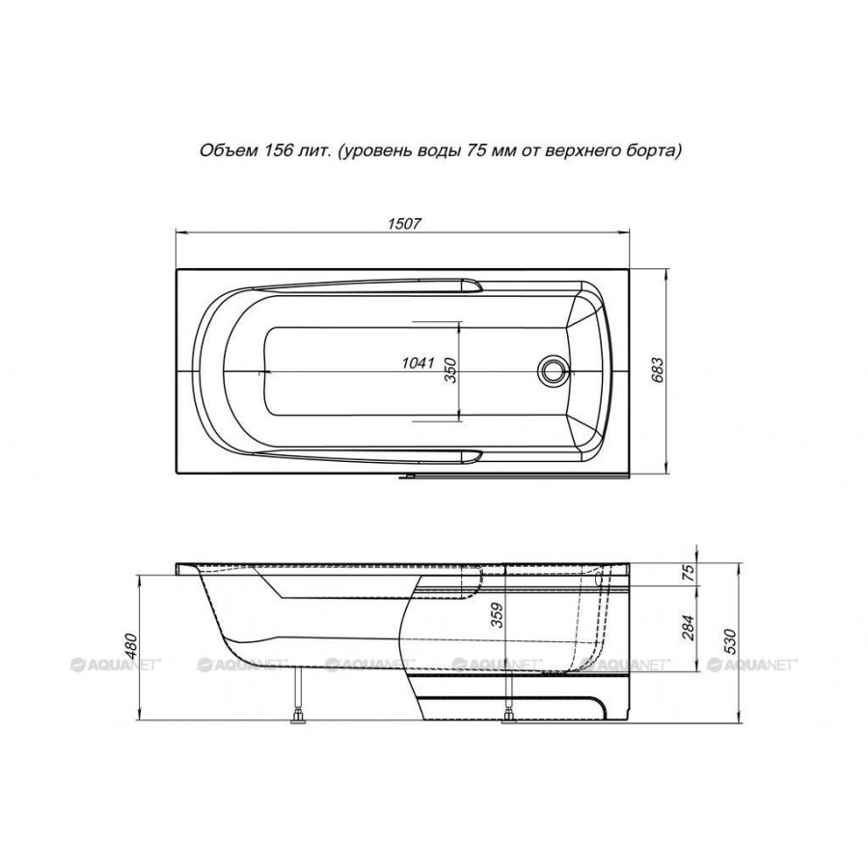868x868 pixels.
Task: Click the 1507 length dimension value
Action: (x=404, y=224)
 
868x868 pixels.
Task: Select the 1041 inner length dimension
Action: (x=417, y=364)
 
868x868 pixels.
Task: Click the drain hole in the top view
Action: (x=553, y=369)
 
